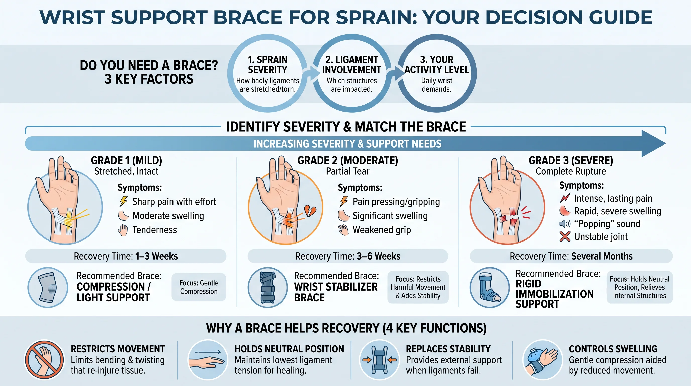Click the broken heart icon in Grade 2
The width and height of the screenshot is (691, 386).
pyautogui.click(x=310, y=211)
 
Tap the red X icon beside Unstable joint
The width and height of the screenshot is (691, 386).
pyautogui.click(x=565, y=236)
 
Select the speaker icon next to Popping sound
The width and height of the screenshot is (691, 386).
pyautogui.click(x=565, y=224)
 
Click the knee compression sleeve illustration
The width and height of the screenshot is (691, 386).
pyautogui.click(x=48, y=287)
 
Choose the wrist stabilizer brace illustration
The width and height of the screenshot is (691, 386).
pyautogui.click(x=268, y=287)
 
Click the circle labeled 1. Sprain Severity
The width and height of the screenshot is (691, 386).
pyautogui.click(x=267, y=73)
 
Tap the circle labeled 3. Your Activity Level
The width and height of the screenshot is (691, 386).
pyautogui.click(x=437, y=73)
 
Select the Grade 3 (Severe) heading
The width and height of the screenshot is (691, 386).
pyautogui.click(x=571, y=161)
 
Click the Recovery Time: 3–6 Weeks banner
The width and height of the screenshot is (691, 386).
pyautogui.click(x=348, y=256)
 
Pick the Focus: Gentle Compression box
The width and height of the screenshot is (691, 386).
pyautogui.click(x=199, y=287)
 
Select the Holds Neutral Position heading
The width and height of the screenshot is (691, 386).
pyautogui.click(x=289, y=349)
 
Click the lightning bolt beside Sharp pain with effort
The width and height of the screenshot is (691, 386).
pyautogui.click(x=123, y=201)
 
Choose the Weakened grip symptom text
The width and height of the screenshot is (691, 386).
pyautogui.click(x=381, y=230)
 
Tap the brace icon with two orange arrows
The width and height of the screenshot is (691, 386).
pyautogui.click(x=379, y=360)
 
